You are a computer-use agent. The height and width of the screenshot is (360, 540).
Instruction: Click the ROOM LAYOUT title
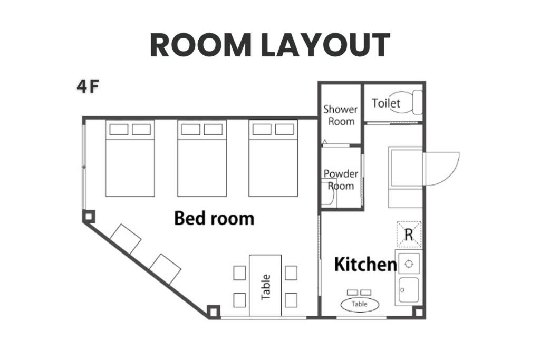pos(270,45)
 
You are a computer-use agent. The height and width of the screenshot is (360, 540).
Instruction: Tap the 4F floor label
pos(88,86)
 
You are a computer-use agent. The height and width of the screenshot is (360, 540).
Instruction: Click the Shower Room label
pos(341,115)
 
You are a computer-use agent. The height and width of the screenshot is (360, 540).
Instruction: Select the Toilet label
pos(386,103)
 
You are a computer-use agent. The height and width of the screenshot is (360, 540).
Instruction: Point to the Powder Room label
pos(341,180)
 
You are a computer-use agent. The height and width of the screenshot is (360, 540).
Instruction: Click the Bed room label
pos(214,218)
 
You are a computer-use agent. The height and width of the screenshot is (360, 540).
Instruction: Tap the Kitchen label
pos(365,264)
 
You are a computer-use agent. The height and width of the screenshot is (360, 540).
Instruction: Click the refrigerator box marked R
pos(409,235)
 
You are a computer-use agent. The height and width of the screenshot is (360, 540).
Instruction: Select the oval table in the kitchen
pos(360,304)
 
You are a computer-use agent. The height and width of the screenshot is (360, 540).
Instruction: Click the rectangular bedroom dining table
pos(265,285)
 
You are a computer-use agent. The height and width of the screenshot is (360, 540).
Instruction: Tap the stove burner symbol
pos(409,264)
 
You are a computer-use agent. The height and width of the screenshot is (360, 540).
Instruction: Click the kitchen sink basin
pos(409,290)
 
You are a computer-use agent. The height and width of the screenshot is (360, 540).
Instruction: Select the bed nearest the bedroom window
pos(130,158)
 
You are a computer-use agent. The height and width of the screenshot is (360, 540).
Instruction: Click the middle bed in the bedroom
pos(202,158)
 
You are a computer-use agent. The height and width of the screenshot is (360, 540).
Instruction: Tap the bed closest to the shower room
pos(273,158)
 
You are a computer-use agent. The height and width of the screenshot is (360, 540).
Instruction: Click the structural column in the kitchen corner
pos(418,313)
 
